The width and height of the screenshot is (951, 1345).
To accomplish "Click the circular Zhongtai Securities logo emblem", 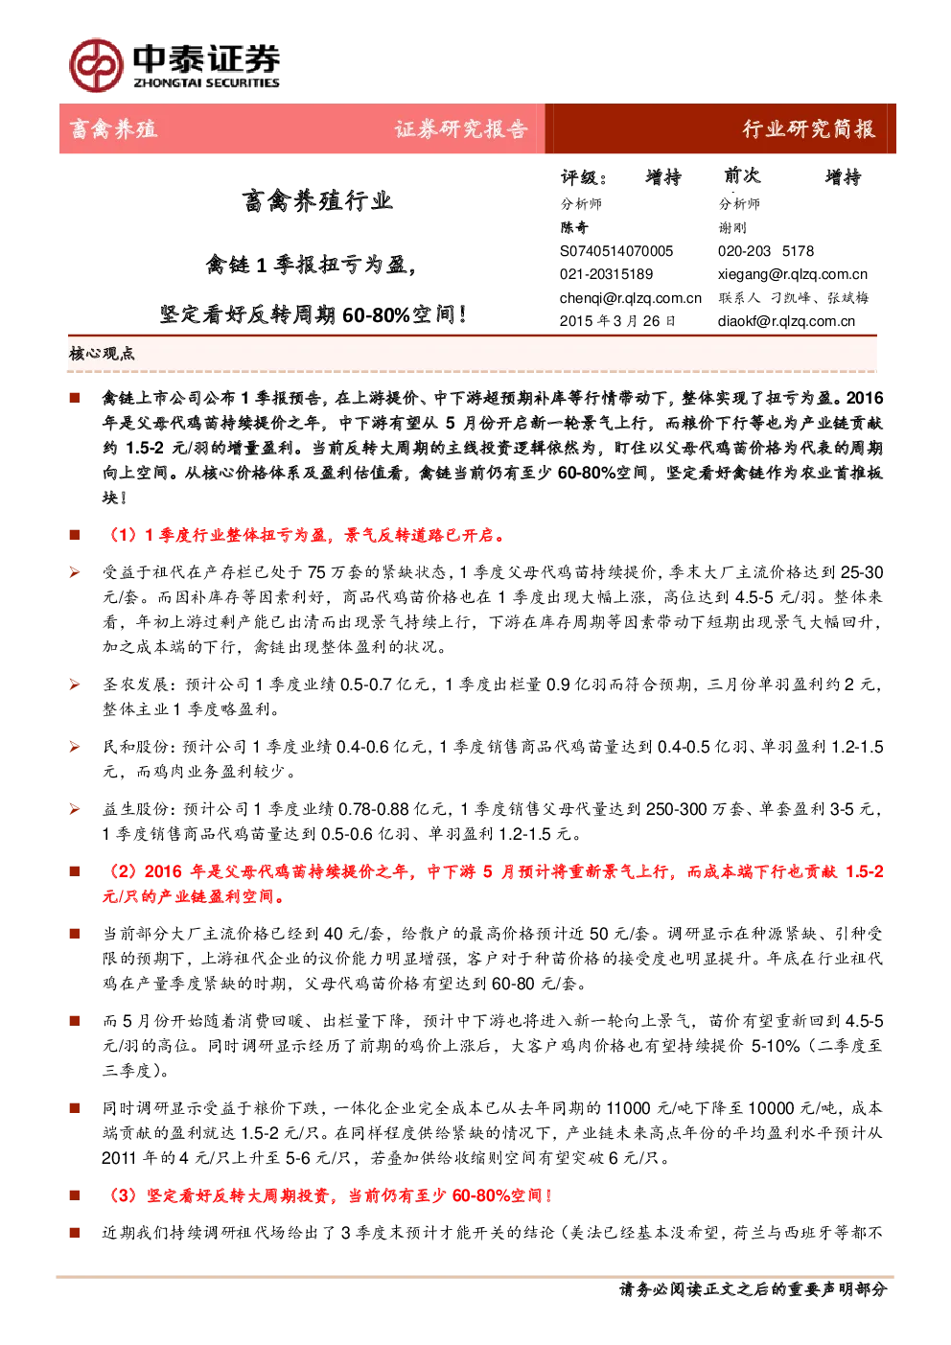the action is click(96, 65).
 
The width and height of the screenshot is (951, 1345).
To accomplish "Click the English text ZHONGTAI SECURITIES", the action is click(206, 82).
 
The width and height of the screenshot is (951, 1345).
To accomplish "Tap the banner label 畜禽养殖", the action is click(113, 129).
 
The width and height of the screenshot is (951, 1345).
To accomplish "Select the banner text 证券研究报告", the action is click(461, 129).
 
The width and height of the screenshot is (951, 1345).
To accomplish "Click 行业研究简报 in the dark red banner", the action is click(809, 129).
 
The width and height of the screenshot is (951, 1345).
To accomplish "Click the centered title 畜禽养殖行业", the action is click(317, 201).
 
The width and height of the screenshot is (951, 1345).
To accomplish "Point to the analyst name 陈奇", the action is click(574, 227).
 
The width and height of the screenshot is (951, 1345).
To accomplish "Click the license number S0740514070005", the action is click(616, 251).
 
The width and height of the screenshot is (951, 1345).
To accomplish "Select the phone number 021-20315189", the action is click(607, 274).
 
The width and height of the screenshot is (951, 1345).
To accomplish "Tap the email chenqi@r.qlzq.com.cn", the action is click(631, 298).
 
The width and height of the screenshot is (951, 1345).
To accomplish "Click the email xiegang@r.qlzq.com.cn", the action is click(793, 274).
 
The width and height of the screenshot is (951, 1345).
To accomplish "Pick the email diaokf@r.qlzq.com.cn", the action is click(786, 321).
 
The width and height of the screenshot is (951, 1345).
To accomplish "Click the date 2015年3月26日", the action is click(617, 321).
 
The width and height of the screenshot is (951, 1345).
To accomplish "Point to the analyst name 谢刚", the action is click(732, 227).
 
